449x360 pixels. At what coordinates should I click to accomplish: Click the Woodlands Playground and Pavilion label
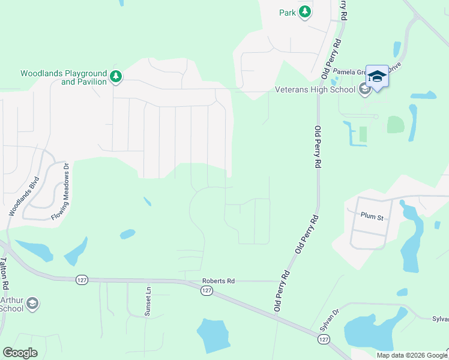pos(63,77)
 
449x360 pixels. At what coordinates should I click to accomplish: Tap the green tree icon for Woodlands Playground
pos(116,76)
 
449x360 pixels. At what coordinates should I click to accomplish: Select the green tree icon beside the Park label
pos(305,11)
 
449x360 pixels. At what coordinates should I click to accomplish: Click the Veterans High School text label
pos(315,90)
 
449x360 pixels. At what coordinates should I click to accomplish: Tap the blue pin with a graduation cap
pos(377,76)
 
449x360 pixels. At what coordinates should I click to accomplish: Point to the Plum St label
pos(372,217)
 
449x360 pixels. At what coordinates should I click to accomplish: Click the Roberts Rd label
pos(218,280)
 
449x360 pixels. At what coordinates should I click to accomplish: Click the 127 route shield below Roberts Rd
pos(206,290)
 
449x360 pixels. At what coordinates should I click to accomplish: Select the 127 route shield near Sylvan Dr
pos(324,340)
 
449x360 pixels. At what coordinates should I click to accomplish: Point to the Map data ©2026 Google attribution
pos(411,355)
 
